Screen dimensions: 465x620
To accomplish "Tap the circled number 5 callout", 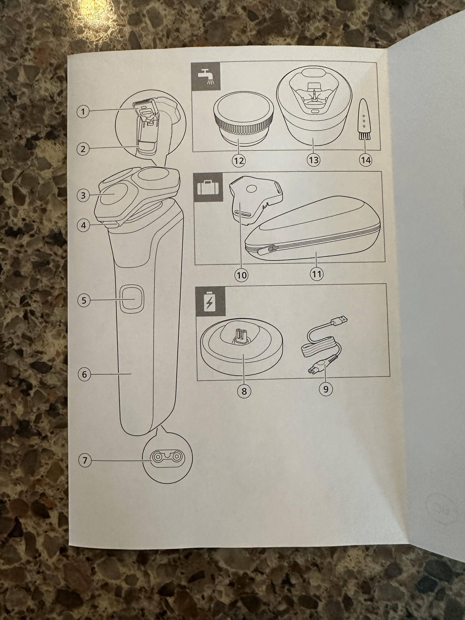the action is pyautogui.click(x=84, y=301).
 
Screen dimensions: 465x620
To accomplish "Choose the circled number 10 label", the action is pyautogui.click(x=241, y=275).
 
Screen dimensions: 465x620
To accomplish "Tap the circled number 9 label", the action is pyautogui.click(x=325, y=389).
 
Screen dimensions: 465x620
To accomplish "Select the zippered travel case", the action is pyautogui.click(x=312, y=229).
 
